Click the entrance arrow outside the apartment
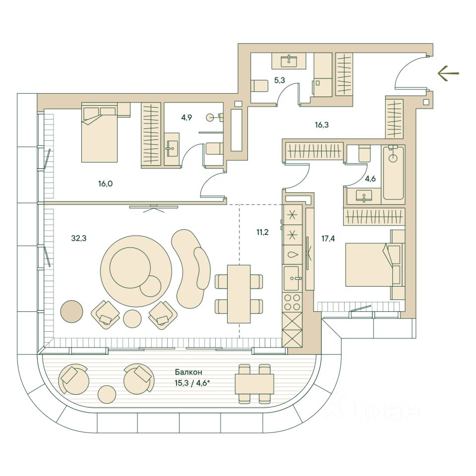coord(448,74)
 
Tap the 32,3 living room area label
coord(79,238)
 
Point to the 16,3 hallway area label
coord(322,125)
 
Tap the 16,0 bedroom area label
coord(105,183)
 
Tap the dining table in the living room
coord(238,294)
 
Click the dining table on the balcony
coord(254,383)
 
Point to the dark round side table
coord(72,311)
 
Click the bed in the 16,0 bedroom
coord(100,132)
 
